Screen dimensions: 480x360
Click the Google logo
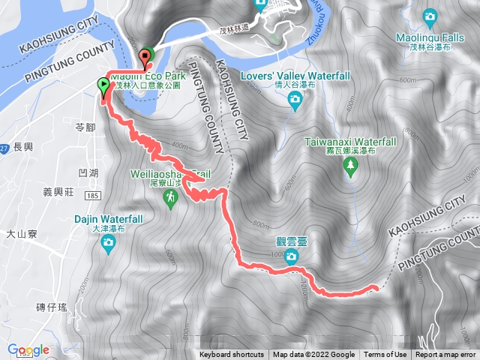coord(28,349)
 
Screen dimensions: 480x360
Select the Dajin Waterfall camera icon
coord(109,241)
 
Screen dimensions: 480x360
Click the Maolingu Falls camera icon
coord(430,16)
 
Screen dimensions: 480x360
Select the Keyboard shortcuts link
coord(232,355)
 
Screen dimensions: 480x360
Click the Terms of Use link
coord(385,355)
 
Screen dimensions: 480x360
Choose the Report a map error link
coord(446,355)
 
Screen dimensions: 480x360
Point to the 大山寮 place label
coord(21,234)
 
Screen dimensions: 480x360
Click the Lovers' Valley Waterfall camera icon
coord(295,100)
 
